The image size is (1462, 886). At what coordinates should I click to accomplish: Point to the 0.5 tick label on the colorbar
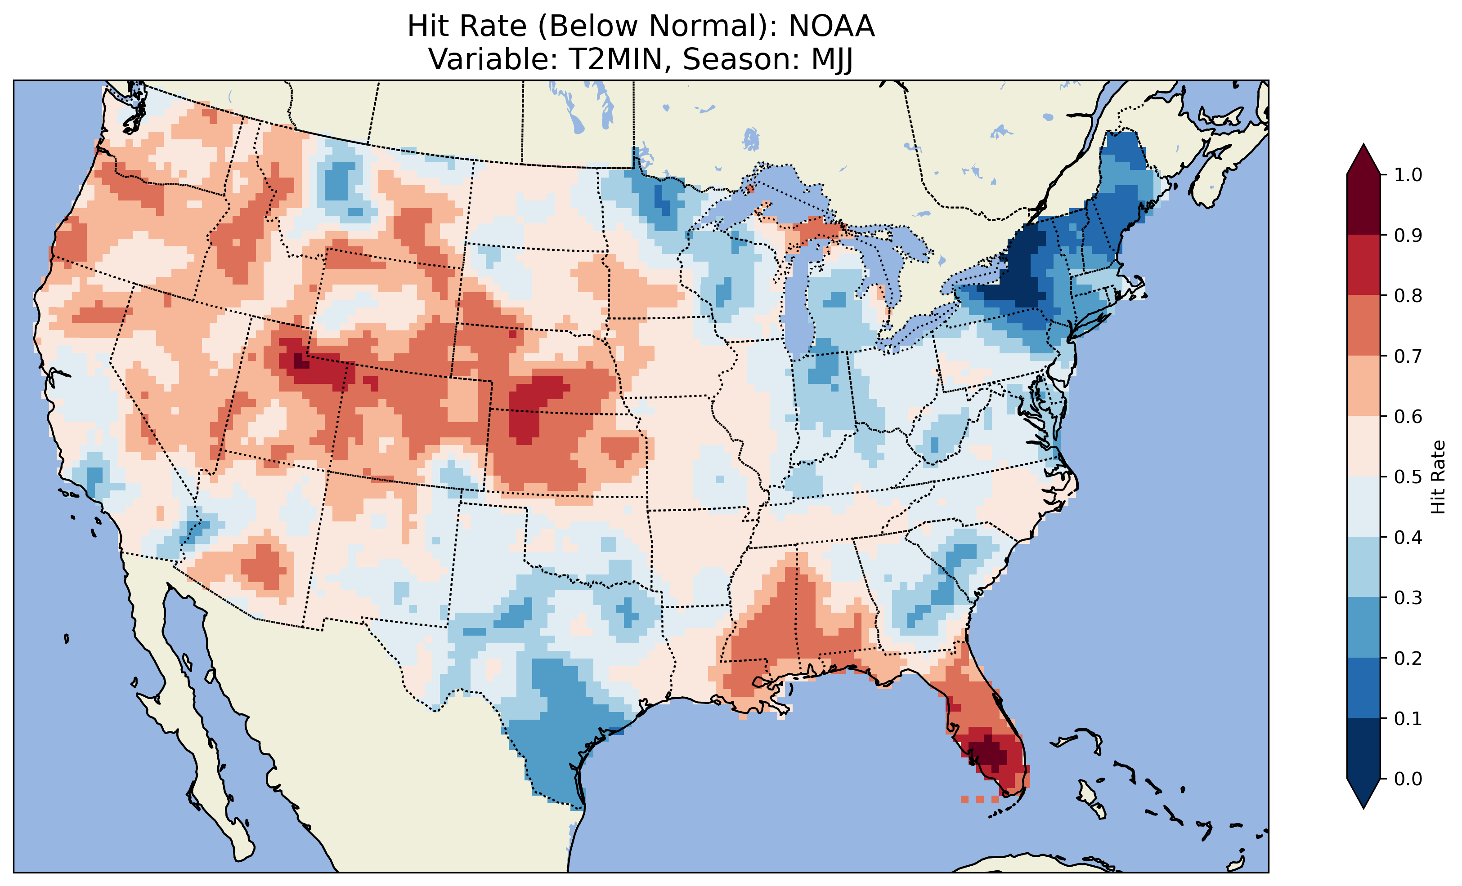1408,477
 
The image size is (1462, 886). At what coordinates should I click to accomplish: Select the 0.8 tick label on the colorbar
1408,295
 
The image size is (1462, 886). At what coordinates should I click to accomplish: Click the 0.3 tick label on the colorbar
1408,598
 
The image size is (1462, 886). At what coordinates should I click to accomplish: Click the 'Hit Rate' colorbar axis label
1438,477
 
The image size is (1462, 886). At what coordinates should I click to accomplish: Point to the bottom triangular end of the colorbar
1363,795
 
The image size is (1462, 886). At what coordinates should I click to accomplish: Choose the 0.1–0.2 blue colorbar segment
1363,688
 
